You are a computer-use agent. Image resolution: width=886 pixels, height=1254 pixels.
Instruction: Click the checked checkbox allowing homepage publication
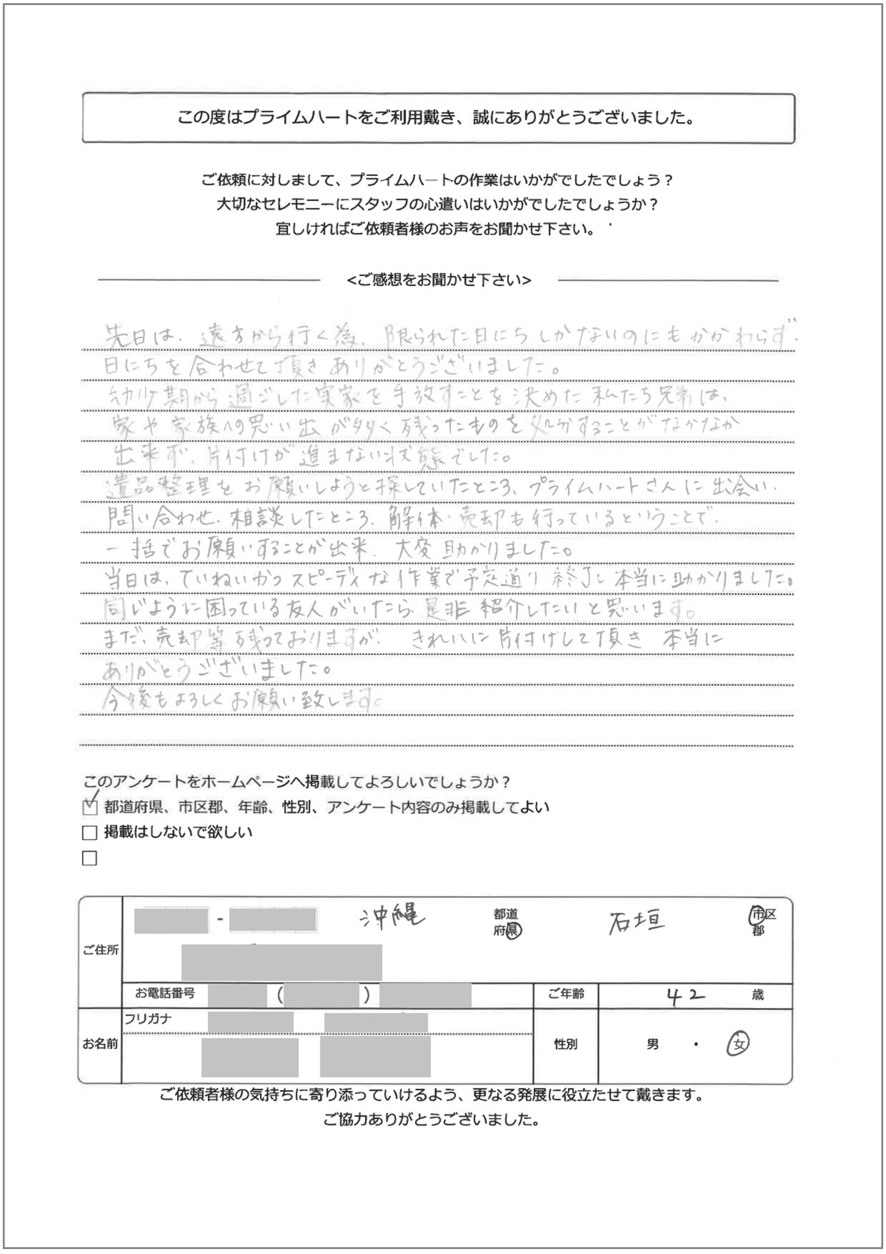click(90, 807)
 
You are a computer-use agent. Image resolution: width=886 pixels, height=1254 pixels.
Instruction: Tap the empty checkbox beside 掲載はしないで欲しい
click(90, 833)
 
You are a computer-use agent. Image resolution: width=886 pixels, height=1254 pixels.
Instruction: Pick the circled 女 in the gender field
click(738, 1045)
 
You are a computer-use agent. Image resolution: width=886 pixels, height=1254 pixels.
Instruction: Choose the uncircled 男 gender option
click(653, 1045)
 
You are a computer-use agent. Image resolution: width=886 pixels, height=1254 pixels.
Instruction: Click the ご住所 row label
click(100, 950)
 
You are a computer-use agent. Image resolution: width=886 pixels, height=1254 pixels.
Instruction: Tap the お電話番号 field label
click(165, 993)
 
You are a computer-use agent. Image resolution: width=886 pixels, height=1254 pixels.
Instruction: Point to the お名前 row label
click(100, 1044)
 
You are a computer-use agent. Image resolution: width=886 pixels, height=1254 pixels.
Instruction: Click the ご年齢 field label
click(566, 994)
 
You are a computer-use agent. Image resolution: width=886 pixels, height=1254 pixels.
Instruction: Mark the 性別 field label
click(565, 1044)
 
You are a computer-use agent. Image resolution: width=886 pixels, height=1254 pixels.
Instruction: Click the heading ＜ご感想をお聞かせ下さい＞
click(439, 280)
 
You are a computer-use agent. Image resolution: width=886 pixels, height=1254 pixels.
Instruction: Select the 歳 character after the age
click(758, 995)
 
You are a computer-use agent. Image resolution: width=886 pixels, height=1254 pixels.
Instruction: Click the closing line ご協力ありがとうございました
click(431, 1121)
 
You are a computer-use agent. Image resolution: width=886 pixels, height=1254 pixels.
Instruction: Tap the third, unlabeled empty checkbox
click(90, 859)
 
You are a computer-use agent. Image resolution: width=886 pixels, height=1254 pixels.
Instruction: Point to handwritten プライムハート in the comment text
click(583, 487)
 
